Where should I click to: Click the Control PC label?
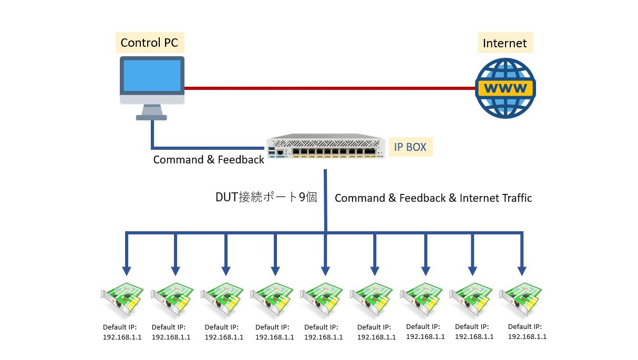pyautogui.click(x=149, y=43)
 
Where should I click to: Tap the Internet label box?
pyautogui.click(x=505, y=43)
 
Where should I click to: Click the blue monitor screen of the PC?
pyautogui.click(x=152, y=75)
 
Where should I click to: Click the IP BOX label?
pyautogui.click(x=410, y=147)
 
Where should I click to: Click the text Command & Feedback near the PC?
pyautogui.click(x=209, y=160)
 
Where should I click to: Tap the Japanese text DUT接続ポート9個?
pyautogui.click(x=266, y=198)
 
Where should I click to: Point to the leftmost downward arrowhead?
pyautogui.click(x=126, y=271)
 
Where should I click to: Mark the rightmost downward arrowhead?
pyautogui.click(x=522, y=271)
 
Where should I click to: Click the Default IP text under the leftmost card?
pyautogui.click(x=120, y=327)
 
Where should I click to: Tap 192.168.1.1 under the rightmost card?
pyautogui.click(x=527, y=337)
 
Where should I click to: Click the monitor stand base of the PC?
pyautogui.click(x=152, y=118)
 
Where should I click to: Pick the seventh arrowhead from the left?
pyautogui.click(x=425, y=271)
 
